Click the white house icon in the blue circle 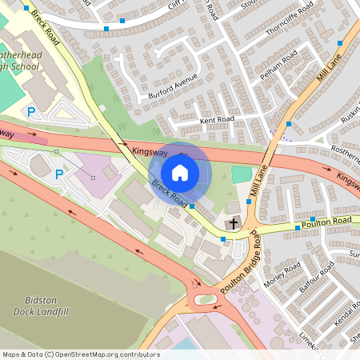click(x=180, y=172)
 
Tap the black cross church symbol click(x=234, y=223)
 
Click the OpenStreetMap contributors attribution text click(x=80, y=354)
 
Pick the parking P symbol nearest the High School click(x=31, y=112)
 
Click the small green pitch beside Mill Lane click(x=241, y=174)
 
